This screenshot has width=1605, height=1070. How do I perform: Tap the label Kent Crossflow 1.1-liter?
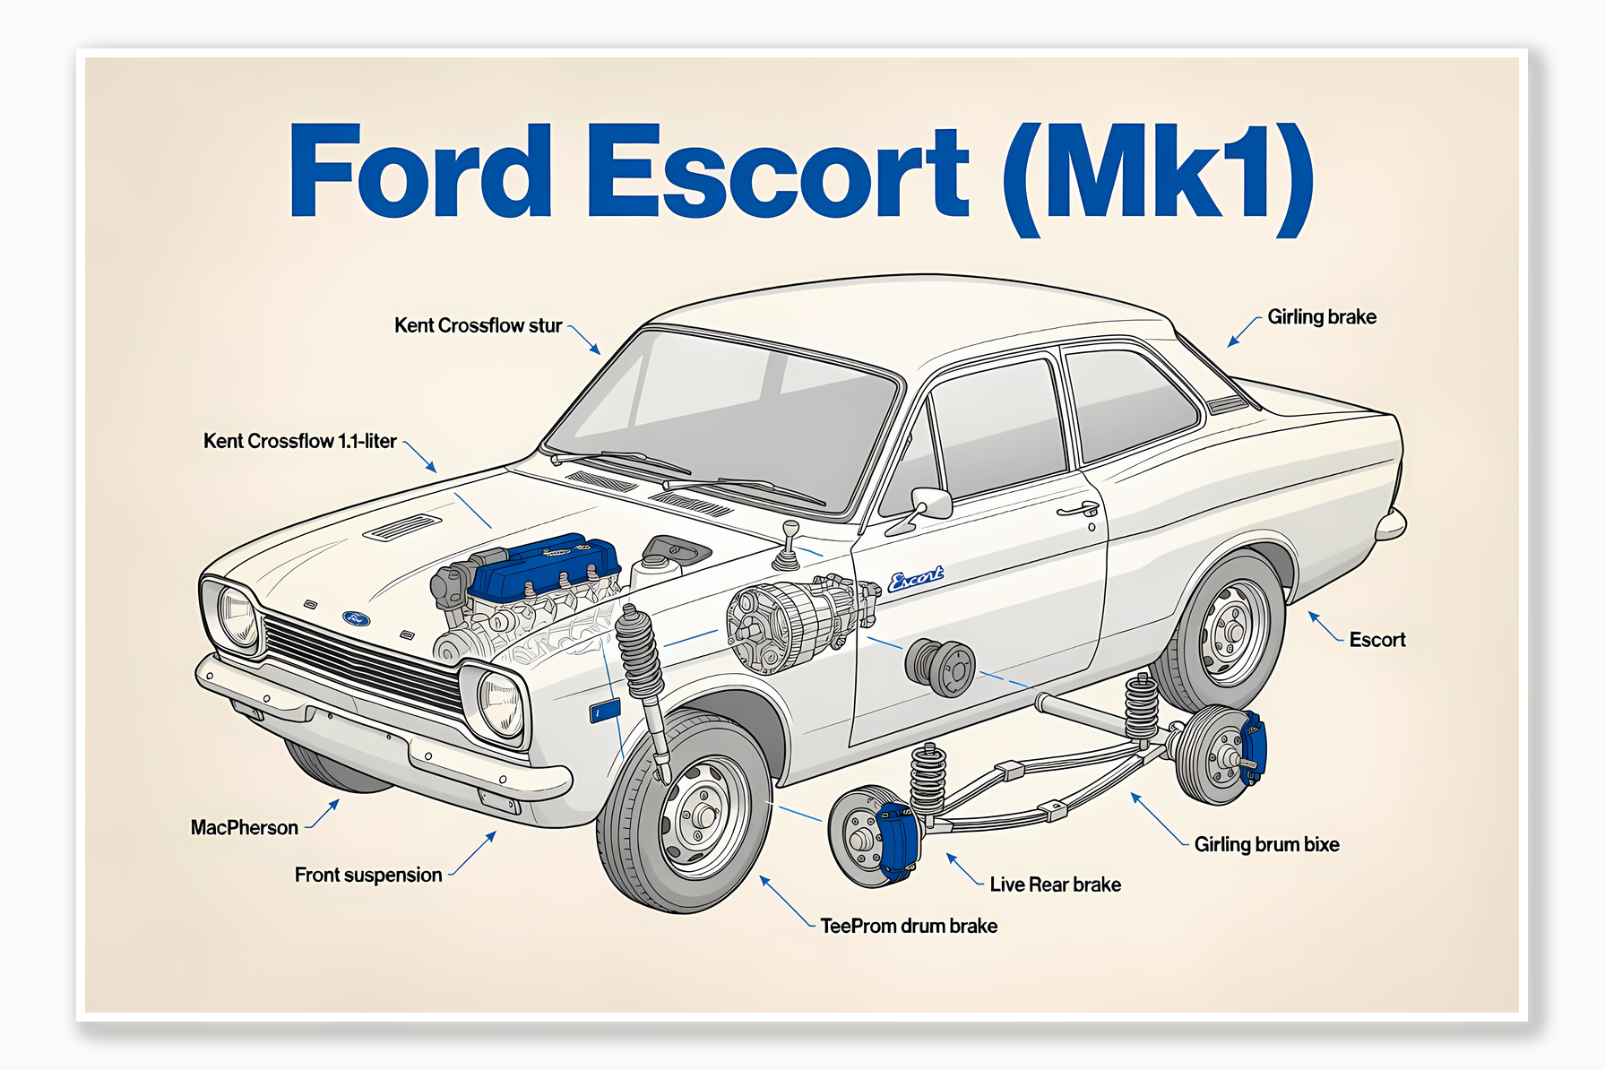[299, 441]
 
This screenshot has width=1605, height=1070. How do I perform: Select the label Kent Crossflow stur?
[478, 325]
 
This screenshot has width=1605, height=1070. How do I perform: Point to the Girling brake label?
[1321, 317]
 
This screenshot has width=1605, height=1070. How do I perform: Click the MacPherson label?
[244, 827]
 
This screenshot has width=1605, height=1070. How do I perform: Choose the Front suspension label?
[367, 875]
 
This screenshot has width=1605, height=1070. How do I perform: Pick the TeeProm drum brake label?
[908, 926]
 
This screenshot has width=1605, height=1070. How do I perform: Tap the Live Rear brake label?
[1055, 884]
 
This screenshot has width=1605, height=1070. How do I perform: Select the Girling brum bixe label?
[1266, 844]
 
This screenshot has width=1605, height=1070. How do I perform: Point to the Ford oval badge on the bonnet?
[357, 617]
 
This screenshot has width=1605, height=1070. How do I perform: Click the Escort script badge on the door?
[915, 579]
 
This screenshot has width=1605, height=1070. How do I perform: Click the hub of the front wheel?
[703, 815]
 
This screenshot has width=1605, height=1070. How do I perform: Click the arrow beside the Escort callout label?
[1325, 626]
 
